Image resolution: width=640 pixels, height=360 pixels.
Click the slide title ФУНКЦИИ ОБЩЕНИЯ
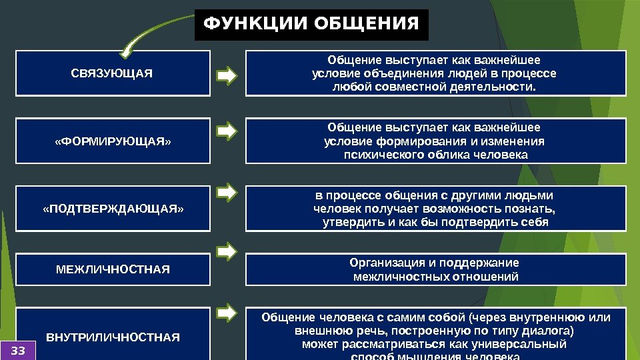point(311,25)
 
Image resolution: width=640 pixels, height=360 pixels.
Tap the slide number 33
point(18,350)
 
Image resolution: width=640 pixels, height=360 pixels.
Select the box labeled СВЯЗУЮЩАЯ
point(112,73)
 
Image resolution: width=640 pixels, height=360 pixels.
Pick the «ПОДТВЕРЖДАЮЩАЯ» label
point(112,209)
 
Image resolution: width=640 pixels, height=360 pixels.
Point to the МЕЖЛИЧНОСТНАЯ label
point(112,269)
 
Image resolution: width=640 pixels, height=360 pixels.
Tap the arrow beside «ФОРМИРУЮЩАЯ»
point(227,130)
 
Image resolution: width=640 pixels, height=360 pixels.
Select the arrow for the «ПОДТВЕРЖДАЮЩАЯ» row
point(227,193)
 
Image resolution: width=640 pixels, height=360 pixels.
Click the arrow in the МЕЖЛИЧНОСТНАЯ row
point(227,252)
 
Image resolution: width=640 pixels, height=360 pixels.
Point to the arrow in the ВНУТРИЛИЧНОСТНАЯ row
point(227,311)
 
